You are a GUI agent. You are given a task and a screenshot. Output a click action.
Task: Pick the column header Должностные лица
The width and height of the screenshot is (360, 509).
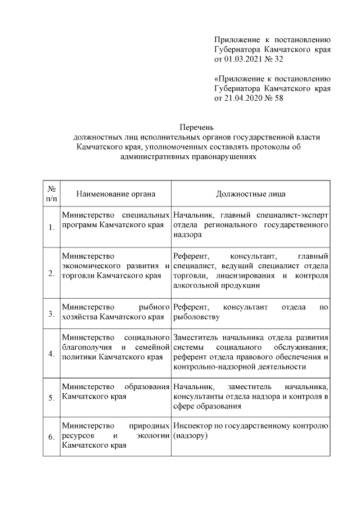pyautogui.click(x=250, y=194)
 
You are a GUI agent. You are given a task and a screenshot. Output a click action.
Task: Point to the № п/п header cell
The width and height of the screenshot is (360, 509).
pyautogui.click(x=51, y=194)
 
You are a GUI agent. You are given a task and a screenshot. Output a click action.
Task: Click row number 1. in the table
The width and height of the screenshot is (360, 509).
pyautogui.click(x=51, y=227)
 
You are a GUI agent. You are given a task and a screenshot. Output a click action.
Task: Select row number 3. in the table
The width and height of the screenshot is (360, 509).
pyautogui.click(x=51, y=313)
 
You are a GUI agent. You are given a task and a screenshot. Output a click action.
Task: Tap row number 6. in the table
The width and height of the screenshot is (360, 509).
pyautogui.click(x=51, y=437)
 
